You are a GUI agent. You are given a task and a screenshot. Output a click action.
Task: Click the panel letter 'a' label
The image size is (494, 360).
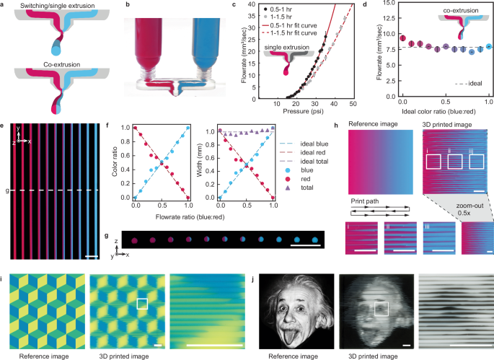click(x=4, y=4)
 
